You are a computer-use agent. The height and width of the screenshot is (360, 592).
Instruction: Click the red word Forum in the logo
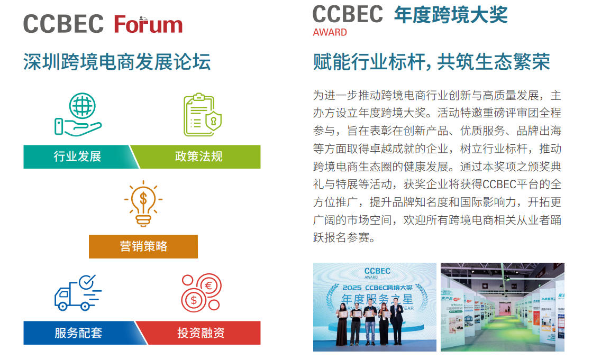coord(148,24)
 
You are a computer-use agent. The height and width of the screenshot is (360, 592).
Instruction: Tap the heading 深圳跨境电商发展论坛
coord(117,62)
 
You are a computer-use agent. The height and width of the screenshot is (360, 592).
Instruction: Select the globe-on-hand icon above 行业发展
coord(78,114)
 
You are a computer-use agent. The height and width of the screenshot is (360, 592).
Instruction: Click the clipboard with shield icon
coord(202,115)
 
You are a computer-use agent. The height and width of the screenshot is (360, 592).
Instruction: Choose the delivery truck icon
coord(77,292)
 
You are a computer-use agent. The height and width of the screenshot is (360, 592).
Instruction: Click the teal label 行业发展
coord(77,156)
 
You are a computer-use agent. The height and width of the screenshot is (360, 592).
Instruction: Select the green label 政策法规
coord(199,156)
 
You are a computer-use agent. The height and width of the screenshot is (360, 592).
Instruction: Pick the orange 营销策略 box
coord(143,246)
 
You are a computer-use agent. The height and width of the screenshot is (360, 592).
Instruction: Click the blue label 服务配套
coord(78,333)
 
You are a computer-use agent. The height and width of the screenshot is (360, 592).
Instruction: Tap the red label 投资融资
coord(201,333)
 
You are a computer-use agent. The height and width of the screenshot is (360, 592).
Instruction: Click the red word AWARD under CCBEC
coord(330,32)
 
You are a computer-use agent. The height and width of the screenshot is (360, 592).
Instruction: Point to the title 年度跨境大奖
coord(450,14)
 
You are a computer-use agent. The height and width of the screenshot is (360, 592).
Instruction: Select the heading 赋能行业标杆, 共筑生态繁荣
coord(431,62)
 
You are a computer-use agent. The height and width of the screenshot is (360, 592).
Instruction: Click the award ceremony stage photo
coord(375,307)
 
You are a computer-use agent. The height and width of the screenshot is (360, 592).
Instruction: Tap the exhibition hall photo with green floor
coord(502,307)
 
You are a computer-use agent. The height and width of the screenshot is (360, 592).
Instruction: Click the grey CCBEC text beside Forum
coord(63,24)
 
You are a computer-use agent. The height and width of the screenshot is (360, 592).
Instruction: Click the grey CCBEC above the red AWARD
coord(348,14)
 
